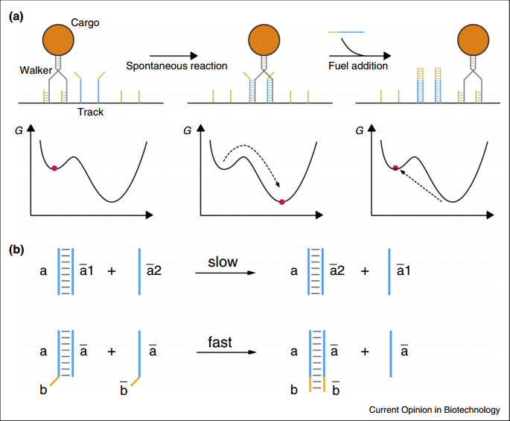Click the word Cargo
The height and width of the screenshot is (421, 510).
point(85,23)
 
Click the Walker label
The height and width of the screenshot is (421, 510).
point(36,70)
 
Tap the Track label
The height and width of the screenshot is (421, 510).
point(91,112)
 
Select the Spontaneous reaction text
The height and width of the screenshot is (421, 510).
point(176,66)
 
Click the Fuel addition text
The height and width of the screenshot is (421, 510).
point(359,66)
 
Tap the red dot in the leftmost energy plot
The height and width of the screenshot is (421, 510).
point(54,168)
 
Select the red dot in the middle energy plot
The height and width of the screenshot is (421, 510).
point(281,201)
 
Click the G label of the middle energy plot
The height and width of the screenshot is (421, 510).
point(195,130)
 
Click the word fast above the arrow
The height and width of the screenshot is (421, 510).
point(220,344)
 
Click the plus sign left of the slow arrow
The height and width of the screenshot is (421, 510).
point(112,271)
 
